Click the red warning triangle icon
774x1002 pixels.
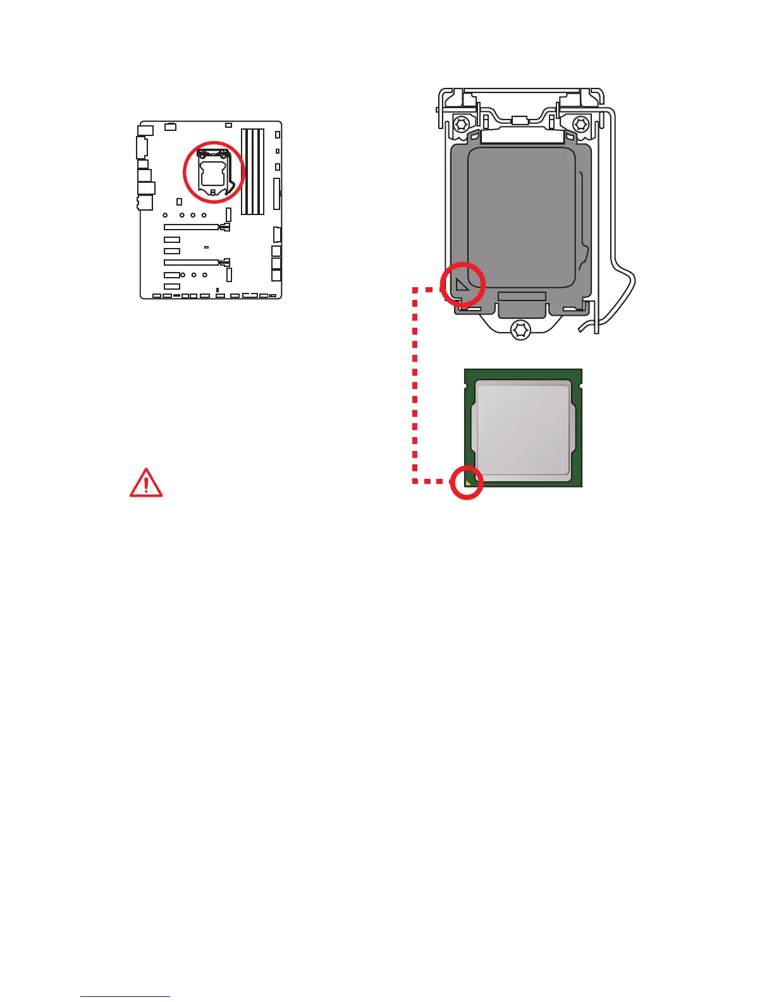(146, 483)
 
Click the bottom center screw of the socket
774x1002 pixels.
(520, 329)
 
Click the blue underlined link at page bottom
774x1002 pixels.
(125, 996)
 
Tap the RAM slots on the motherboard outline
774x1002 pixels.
(252, 172)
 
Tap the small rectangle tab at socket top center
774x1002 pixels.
(520, 120)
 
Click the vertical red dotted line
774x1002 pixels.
(415, 386)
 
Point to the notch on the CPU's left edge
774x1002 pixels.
(466, 385)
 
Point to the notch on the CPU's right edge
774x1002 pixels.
(580, 385)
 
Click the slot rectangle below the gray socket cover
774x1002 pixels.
(522, 297)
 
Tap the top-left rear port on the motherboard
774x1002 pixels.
(145, 131)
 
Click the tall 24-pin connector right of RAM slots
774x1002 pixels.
(276, 194)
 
